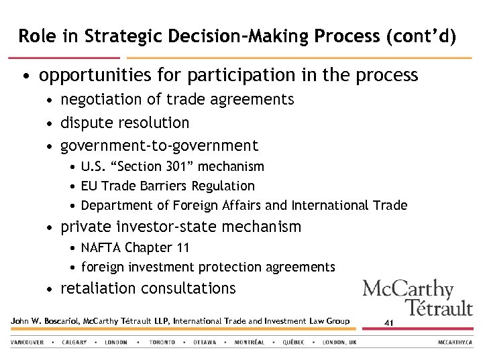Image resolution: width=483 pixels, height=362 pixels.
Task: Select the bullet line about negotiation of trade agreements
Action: click(x=177, y=100)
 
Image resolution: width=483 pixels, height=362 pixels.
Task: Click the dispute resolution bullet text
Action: click(x=125, y=123)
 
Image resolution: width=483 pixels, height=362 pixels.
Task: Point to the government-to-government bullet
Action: click(x=159, y=145)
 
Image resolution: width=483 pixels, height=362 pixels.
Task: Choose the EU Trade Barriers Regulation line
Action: click(x=168, y=186)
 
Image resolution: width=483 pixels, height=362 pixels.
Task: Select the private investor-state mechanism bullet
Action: click(x=180, y=227)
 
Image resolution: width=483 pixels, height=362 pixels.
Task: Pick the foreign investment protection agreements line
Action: click(x=208, y=267)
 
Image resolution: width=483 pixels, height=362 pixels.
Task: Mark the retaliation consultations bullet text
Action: click(x=148, y=289)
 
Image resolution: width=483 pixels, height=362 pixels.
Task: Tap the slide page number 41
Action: click(x=388, y=323)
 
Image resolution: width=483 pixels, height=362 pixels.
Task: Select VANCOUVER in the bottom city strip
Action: click(x=28, y=342)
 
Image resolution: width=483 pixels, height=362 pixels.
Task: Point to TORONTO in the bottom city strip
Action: click(x=162, y=342)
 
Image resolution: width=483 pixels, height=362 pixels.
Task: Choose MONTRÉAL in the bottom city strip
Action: click(x=250, y=342)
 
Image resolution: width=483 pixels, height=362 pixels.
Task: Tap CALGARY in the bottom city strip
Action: click(x=74, y=342)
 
